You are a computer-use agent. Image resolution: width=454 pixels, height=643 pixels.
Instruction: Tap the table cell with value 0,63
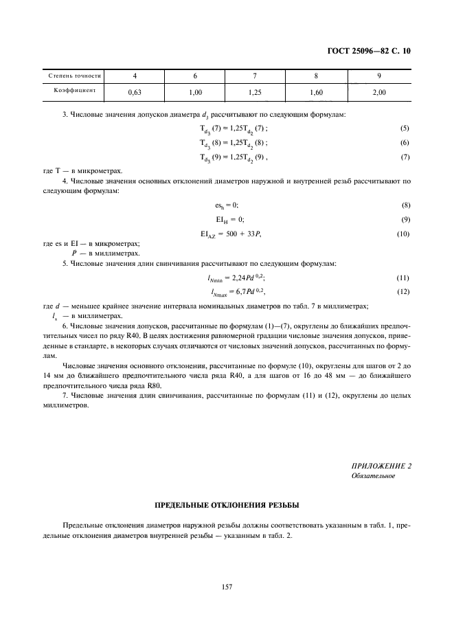click(135, 91)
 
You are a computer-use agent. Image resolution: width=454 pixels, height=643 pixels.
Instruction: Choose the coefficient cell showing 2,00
click(378, 91)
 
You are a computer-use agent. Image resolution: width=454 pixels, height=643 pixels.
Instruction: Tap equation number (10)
click(402, 234)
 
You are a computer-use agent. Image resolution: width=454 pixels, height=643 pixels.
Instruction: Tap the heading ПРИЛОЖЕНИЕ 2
click(381, 466)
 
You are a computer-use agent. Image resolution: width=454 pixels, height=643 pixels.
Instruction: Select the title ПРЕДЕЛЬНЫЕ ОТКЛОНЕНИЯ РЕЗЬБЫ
click(227, 505)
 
